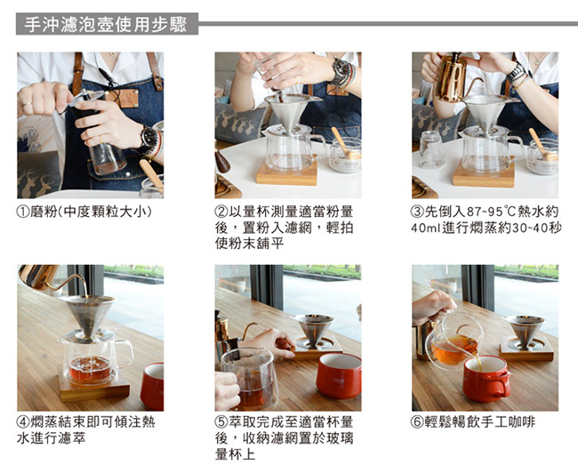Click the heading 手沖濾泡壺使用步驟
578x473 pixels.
pos(106,24)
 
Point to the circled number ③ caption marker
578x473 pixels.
pos(418,212)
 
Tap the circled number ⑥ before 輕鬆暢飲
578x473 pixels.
pos(418,422)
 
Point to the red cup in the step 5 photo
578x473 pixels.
pos(339,376)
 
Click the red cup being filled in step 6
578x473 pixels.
pos(486,379)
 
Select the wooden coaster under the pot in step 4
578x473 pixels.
pos(94,387)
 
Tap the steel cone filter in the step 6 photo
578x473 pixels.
pos(525,331)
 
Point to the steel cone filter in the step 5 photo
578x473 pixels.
pos(313,330)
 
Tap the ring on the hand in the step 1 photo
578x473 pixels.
pos(27,105)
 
